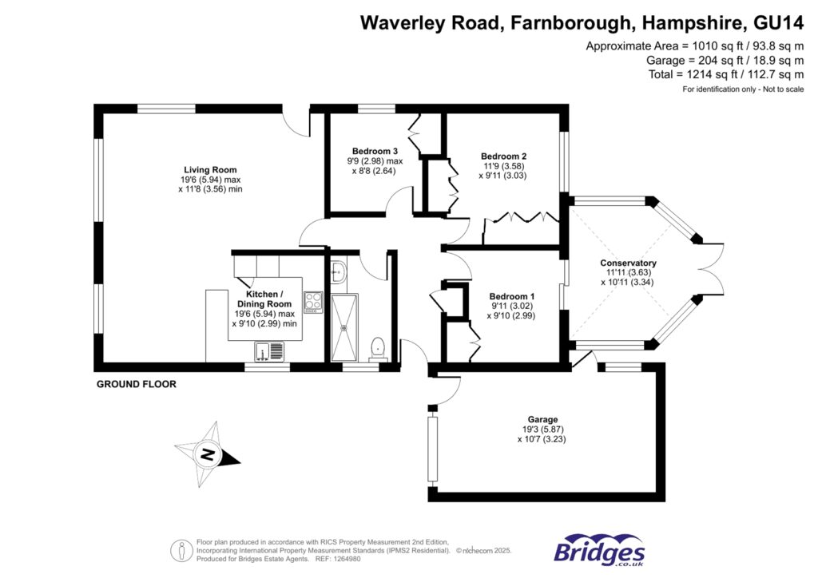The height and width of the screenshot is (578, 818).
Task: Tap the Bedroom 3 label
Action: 375,151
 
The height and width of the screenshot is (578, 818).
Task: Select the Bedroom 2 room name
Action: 503,156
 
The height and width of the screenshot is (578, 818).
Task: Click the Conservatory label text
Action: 628,263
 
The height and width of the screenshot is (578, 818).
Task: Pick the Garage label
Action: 542,419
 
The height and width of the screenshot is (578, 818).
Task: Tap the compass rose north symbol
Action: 208,455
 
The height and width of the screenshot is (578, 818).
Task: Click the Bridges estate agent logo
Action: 599,551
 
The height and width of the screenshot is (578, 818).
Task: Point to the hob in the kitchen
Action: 312,303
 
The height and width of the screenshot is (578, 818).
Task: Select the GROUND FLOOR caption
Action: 136,384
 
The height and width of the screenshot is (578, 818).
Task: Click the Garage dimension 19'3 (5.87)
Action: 542,430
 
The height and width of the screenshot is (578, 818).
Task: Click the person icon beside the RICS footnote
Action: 182,550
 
